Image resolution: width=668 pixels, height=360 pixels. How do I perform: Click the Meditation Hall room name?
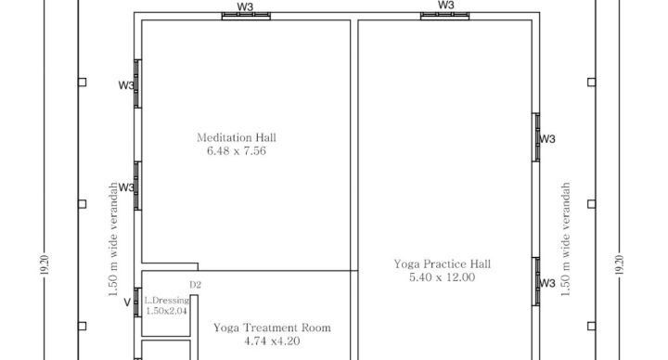[x=237, y=137]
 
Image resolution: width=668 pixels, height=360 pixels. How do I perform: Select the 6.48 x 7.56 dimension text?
[x=237, y=151]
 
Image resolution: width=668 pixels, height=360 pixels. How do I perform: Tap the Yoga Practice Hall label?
[x=443, y=264]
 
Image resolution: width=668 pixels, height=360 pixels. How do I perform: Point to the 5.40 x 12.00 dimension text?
[x=443, y=277]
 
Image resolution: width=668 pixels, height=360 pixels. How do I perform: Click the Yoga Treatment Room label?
[x=272, y=328]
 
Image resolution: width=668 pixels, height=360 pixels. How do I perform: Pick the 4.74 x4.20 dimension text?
[x=272, y=341]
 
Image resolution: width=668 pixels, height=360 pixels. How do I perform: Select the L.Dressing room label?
[x=167, y=301]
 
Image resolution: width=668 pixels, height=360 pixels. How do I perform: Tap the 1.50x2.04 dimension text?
[x=167, y=311]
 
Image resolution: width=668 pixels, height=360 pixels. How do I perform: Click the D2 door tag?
[x=195, y=285]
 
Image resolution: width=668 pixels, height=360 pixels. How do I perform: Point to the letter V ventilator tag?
[x=127, y=302]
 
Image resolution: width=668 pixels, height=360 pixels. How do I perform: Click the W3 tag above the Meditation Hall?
[x=245, y=6]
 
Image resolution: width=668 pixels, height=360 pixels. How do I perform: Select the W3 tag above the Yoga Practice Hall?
[x=445, y=5]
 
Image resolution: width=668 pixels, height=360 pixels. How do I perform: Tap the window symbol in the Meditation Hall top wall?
[x=246, y=16]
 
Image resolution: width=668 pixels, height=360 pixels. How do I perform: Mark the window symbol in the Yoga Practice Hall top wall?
[x=444, y=16]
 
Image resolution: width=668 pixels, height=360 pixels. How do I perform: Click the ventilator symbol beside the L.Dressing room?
[x=137, y=302]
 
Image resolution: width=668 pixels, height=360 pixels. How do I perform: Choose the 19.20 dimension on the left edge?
[x=45, y=264]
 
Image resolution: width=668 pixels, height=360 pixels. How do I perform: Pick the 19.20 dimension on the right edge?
[x=620, y=264]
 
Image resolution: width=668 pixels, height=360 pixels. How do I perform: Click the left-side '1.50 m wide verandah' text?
[x=113, y=239]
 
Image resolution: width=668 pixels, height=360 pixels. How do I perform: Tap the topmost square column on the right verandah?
[x=591, y=83]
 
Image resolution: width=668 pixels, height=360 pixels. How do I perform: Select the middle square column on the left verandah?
[x=83, y=203]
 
